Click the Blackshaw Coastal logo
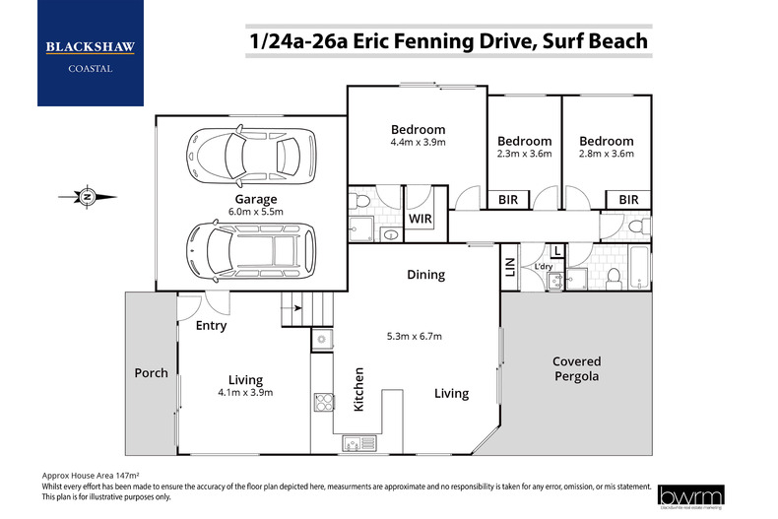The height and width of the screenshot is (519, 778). coord(90,53)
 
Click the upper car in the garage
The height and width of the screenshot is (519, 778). coord(243,154)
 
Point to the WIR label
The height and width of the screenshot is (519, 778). coord(420,218)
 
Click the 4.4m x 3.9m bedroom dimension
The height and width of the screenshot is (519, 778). coord(418,142)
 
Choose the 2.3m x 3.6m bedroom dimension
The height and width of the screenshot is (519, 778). coord(523,154)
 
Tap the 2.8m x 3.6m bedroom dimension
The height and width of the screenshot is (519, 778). coord(606,154)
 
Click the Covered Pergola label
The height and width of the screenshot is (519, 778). coord(576,368)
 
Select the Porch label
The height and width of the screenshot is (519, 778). coord(151,373)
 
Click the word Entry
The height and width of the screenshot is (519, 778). coord(211,326)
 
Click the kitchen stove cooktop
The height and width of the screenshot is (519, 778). coord(322,401)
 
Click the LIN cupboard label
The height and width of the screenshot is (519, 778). coord(509,266)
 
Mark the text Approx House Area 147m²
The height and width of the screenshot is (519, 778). coord(91,474)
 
